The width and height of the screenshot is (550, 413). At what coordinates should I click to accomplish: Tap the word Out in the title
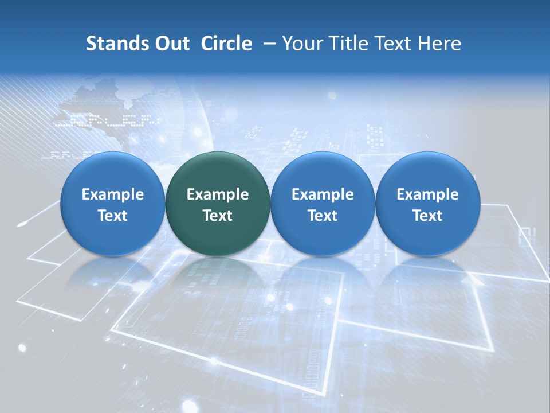pyautogui.click(x=171, y=44)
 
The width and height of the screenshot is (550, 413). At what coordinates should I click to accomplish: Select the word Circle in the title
pyautogui.click(x=226, y=44)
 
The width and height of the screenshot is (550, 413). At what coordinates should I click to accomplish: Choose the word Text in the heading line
pyautogui.click(x=396, y=44)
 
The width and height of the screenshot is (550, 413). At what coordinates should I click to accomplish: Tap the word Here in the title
pyautogui.click(x=439, y=44)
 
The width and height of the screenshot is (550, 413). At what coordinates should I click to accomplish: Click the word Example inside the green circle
pyautogui.click(x=218, y=194)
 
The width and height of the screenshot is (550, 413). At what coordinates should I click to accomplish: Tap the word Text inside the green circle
pyautogui.click(x=218, y=216)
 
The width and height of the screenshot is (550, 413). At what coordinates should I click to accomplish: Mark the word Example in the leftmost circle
pyautogui.click(x=113, y=194)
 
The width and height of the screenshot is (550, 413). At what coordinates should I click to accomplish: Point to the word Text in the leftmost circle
pyautogui.click(x=113, y=216)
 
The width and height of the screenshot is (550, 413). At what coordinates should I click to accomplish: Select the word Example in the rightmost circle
pyautogui.click(x=427, y=194)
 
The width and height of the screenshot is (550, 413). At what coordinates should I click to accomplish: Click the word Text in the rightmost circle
pyautogui.click(x=427, y=216)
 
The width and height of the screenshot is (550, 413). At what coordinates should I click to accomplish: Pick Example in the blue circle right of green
pyautogui.click(x=323, y=194)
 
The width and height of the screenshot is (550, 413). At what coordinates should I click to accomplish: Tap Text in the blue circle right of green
pyautogui.click(x=323, y=216)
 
